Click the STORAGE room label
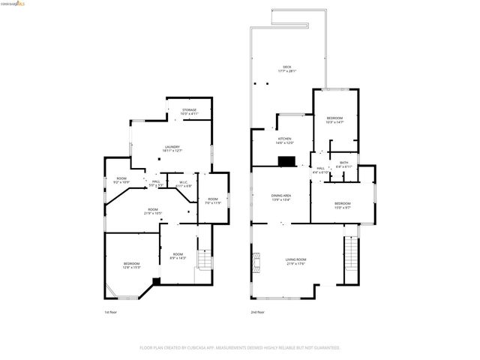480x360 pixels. [x=189, y=110]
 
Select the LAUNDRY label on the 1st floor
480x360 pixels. [x=172, y=147]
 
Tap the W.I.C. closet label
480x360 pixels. [x=184, y=182]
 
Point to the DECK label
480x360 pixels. [x=286, y=67]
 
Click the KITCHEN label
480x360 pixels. [x=285, y=139]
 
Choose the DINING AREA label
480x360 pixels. [x=281, y=196]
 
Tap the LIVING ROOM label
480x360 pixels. [x=295, y=259]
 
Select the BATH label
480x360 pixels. [x=343, y=163]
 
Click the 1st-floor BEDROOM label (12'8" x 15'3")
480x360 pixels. [x=131, y=263]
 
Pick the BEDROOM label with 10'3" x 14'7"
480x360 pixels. [x=334, y=118]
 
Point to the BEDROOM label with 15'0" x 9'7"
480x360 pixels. [x=342, y=204]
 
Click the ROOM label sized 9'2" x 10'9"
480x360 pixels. [x=121, y=179]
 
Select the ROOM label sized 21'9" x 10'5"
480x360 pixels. [x=152, y=210]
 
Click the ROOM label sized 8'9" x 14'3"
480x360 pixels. [x=178, y=255]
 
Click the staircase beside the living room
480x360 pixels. [x=349, y=256]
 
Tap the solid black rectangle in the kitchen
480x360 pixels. [x=286, y=160]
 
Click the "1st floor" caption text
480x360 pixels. [x=111, y=312]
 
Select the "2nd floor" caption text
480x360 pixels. [x=258, y=312]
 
